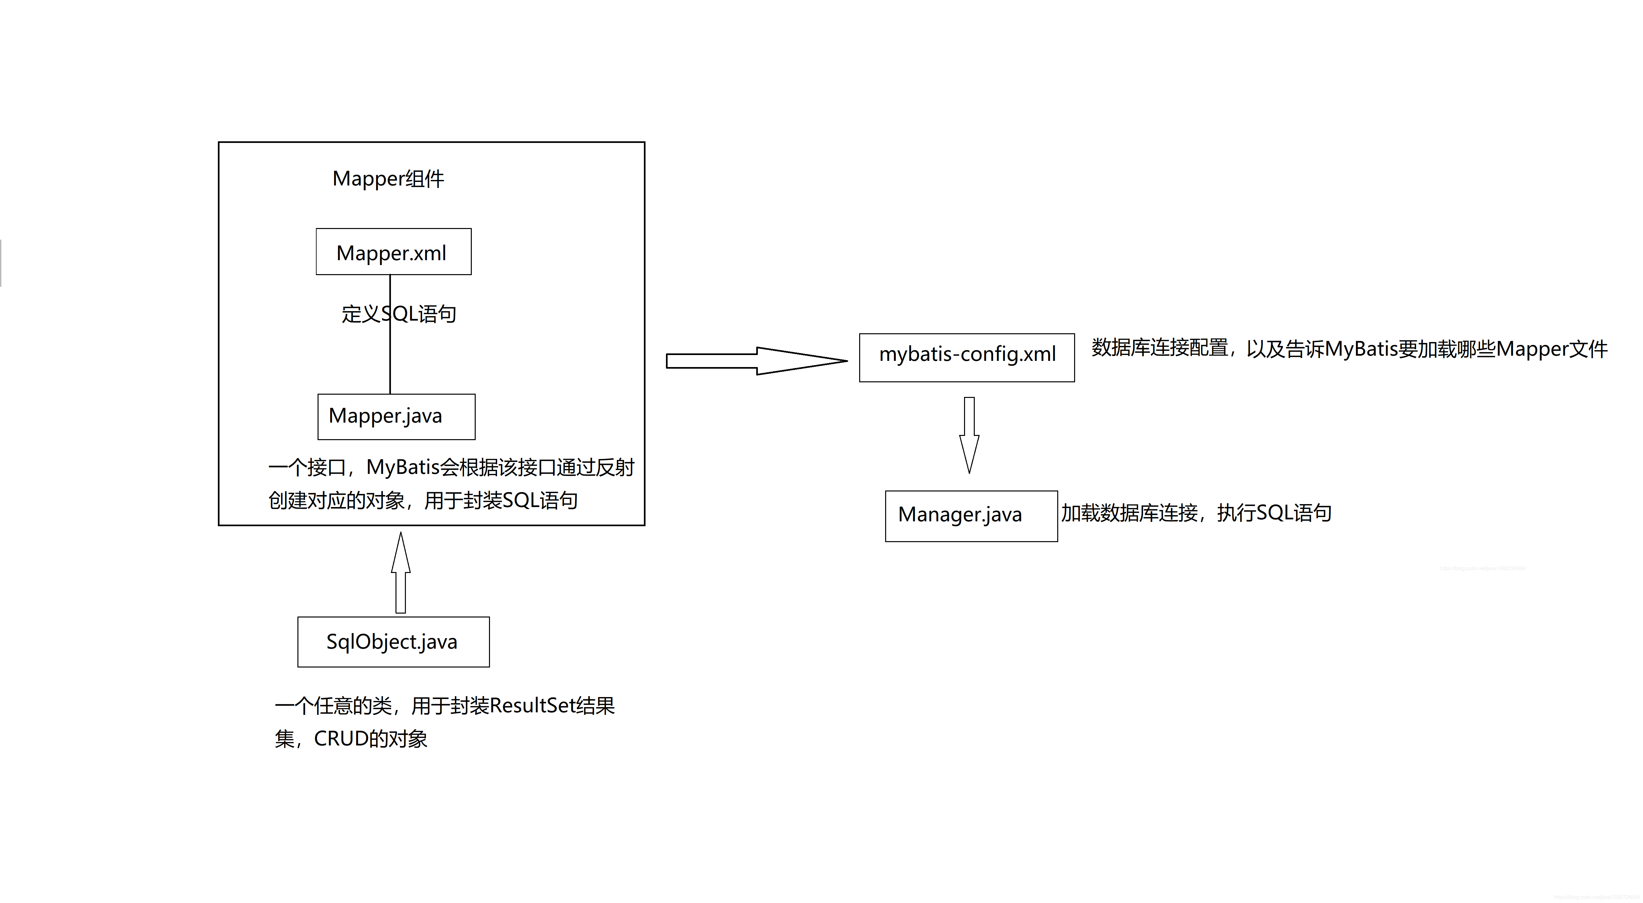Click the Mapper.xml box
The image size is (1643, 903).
[394, 252]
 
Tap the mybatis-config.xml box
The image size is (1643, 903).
[966, 357]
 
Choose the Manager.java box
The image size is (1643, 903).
[971, 515]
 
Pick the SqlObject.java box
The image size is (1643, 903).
[393, 641]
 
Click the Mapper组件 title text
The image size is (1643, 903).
[388, 179]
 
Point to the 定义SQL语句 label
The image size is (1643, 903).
[399, 314]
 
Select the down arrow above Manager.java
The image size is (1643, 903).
[969, 435]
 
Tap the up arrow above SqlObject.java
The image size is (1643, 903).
[401, 572]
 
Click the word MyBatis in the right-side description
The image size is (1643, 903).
[1361, 349]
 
